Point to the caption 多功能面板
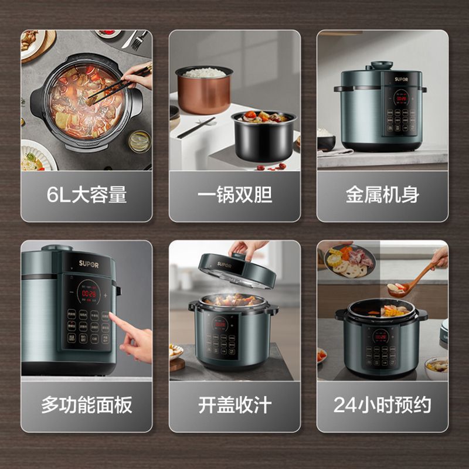coord(87,405)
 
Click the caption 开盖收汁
coord(235,405)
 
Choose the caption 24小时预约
coord(382,405)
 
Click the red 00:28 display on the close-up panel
coord(89,293)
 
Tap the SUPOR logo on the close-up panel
coord(89,264)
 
